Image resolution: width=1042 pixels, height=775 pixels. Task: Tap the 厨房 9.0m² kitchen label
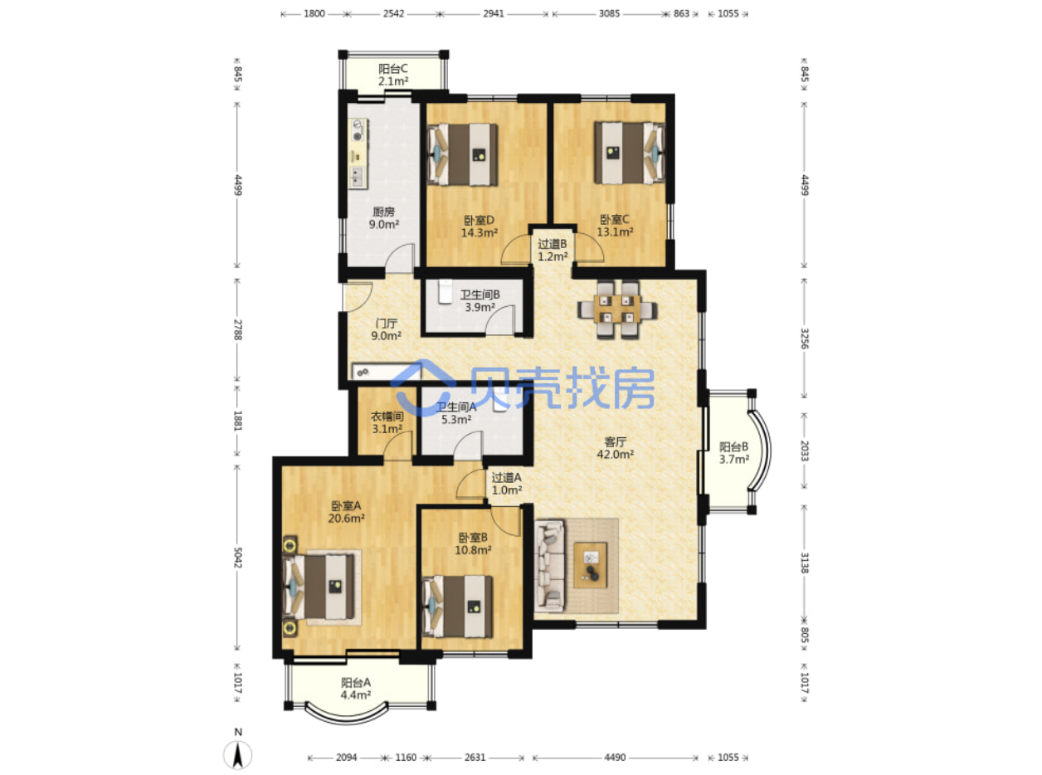coord(384,218)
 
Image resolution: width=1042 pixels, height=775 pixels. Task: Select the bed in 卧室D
coord(462,154)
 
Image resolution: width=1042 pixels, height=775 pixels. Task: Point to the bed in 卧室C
coord(630,153)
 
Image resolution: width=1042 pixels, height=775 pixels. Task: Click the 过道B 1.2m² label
coord(553,250)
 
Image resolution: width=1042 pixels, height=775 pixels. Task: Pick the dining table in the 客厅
coord(617,310)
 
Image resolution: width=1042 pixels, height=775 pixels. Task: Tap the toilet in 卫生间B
coord(444,291)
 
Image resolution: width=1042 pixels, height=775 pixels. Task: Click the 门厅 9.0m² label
coord(386,329)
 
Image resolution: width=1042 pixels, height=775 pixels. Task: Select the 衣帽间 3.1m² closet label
coord(387,422)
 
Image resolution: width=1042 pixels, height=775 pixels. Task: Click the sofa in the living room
coord(550,565)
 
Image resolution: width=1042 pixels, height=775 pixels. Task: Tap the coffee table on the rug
coord(591,565)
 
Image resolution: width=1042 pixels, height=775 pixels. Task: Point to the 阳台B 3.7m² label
coord(734,453)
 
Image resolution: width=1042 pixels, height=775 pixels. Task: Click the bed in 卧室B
coord(458,607)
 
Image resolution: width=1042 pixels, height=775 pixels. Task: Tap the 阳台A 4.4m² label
coord(356,689)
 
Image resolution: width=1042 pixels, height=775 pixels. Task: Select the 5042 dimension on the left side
coord(238,558)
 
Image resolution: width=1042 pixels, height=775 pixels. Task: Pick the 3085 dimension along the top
coord(609,13)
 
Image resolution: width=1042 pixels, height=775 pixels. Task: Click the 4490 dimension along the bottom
coord(615,757)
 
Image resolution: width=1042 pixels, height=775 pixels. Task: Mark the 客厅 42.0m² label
coord(615,448)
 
